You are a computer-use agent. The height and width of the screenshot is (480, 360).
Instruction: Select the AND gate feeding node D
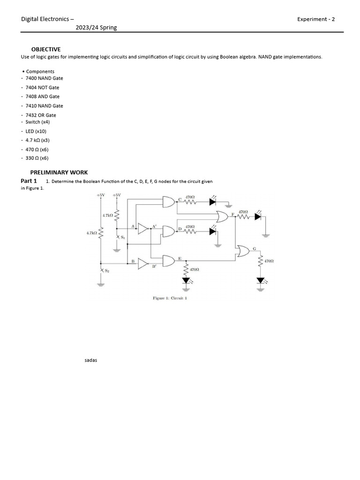[169, 232]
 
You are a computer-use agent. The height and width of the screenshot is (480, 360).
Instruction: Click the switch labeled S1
[118, 237]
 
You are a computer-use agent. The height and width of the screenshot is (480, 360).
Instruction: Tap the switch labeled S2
[101, 270]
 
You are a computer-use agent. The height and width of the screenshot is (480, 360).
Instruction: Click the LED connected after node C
[212, 202]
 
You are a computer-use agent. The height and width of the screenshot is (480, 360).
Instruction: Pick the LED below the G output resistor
[261, 281]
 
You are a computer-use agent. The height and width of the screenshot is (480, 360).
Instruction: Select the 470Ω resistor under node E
[186, 270]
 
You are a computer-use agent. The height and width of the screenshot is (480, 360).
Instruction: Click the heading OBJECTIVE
[46, 49]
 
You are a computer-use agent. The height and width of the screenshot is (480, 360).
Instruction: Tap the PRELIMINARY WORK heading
[59, 172]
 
